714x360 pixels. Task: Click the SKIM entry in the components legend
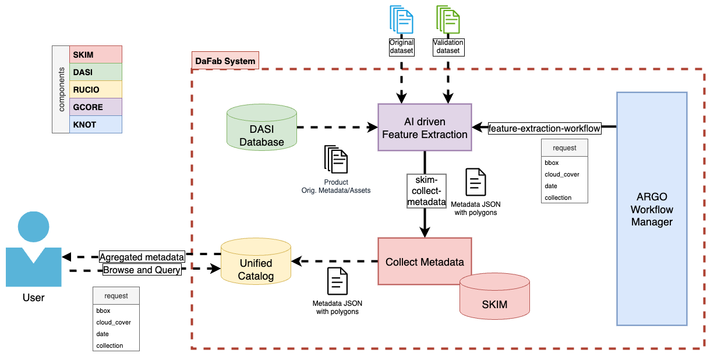pyautogui.click(x=96, y=55)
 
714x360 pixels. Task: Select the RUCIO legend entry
pyautogui.click(x=96, y=90)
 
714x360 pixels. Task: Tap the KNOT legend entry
pyautogui.click(x=96, y=125)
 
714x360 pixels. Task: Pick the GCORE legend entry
pyautogui.click(x=96, y=107)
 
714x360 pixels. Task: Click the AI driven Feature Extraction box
pyautogui.click(x=425, y=128)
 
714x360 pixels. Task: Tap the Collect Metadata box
pyautogui.click(x=425, y=262)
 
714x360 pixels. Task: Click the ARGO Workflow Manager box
pyautogui.click(x=652, y=209)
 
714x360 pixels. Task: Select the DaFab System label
pyautogui.click(x=225, y=61)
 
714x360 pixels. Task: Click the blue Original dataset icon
pyautogui.click(x=401, y=19)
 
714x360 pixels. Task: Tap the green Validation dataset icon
pyautogui.click(x=448, y=19)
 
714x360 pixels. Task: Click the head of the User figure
pyautogui.click(x=34, y=227)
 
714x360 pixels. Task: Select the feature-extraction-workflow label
pyautogui.click(x=544, y=128)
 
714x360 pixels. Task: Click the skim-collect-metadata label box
pyautogui.click(x=426, y=191)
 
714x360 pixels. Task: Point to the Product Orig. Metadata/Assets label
pyautogui.click(x=336, y=186)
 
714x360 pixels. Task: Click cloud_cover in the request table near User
pyautogui.click(x=114, y=322)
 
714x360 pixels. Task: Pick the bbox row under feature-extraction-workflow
pyautogui.click(x=552, y=163)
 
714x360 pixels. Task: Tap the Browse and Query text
pyautogui.click(x=142, y=270)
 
